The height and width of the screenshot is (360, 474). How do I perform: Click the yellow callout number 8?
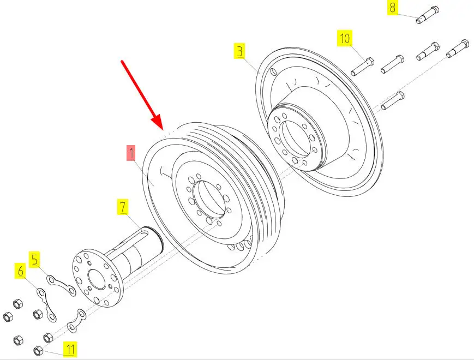pyautogui.click(x=392, y=8)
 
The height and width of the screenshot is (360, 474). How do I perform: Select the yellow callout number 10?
pyautogui.click(x=345, y=38)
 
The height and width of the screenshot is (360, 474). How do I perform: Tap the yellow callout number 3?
pyautogui.click(x=239, y=51)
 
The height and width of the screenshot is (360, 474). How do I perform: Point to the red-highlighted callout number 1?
pyautogui.click(x=131, y=153)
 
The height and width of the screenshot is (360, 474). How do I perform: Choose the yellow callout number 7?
pyautogui.click(x=123, y=207)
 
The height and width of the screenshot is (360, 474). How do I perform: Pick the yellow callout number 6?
pyautogui.click(x=21, y=271)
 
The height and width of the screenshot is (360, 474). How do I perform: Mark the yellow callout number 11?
pyautogui.click(x=70, y=349)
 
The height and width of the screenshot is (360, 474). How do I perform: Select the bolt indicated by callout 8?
pyautogui.click(x=428, y=15)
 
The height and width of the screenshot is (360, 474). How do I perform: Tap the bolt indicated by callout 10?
pyautogui.click(x=362, y=66)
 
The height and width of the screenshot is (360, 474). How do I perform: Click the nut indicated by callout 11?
pyautogui.click(x=38, y=351)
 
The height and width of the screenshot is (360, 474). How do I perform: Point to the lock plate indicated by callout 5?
pyautogui.click(x=61, y=284)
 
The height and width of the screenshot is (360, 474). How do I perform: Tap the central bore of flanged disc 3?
pyautogui.click(x=294, y=139)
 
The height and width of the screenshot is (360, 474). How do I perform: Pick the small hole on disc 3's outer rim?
pyautogui.click(x=273, y=72)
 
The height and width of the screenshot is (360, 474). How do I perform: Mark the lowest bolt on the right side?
pyautogui.click(x=392, y=101)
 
